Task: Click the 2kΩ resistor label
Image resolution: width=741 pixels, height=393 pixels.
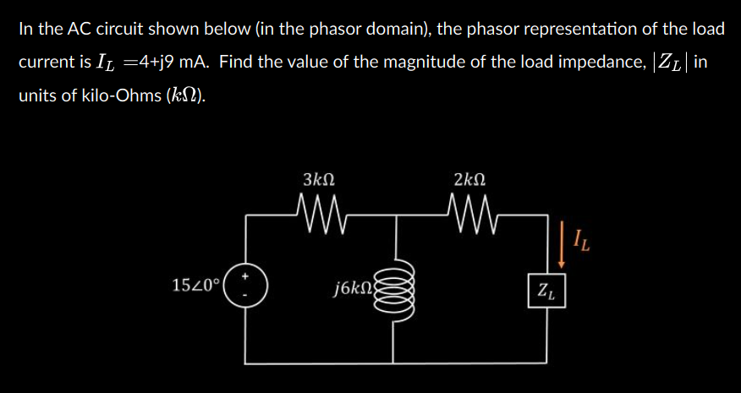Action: (x=469, y=179)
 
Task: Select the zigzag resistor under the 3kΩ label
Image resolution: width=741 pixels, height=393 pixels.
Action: (x=319, y=207)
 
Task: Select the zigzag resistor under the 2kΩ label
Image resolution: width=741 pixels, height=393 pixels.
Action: (x=469, y=207)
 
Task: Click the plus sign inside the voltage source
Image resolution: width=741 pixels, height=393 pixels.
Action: (x=247, y=276)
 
